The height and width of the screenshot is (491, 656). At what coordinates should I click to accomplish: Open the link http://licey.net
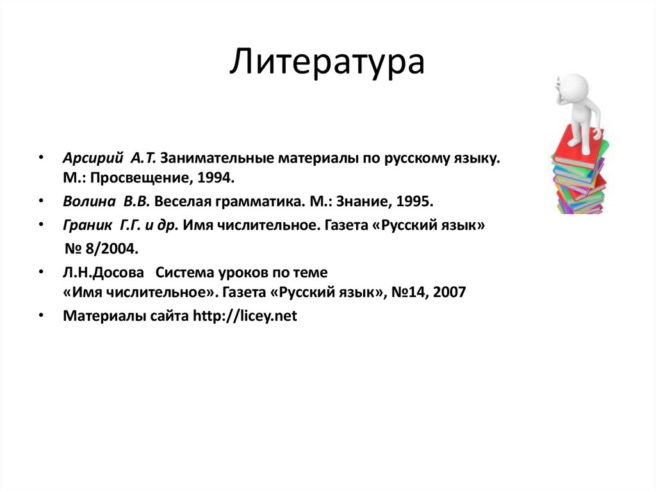coord(245,316)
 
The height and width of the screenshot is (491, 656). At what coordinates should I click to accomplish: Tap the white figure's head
coord(575,88)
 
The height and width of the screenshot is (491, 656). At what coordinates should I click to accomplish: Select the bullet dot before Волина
coord(41,202)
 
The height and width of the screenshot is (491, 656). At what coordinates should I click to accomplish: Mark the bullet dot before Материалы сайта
coord(41,316)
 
